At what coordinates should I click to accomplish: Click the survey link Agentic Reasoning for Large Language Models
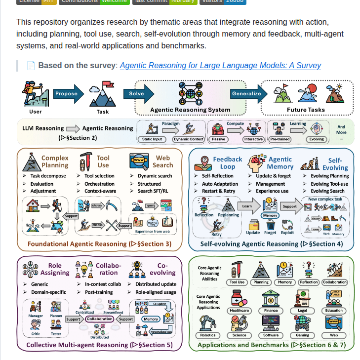point(220,66)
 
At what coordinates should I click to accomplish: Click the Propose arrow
point(66,93)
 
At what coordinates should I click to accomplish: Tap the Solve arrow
point(137,93)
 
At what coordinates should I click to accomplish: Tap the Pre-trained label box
point(280,139)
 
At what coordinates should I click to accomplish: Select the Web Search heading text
point(162,161)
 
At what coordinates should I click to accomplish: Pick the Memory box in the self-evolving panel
point(270,215)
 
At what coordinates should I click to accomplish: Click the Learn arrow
point(247,206)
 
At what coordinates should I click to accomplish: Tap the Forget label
point(270,233)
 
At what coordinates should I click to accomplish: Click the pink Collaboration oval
point(99,319)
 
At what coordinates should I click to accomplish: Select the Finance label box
point(271,311)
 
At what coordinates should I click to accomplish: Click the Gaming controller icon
point(302,324)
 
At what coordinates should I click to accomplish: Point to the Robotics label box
point(208,335)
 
